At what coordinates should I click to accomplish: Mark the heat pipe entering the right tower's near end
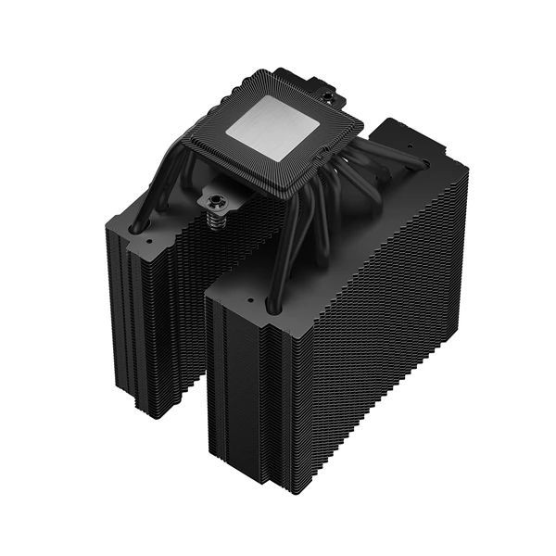[x=271, y=305]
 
